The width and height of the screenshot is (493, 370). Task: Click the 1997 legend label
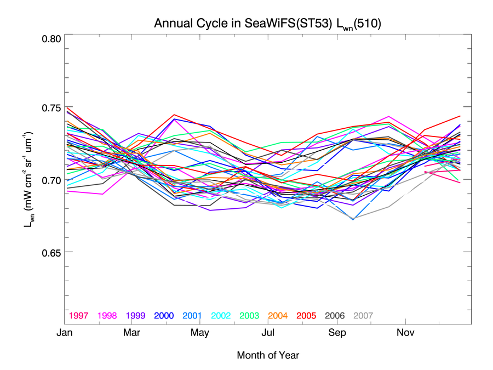point(79,316)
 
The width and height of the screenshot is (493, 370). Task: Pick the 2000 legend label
point(164,316)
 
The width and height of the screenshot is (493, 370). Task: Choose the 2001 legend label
point(193,316)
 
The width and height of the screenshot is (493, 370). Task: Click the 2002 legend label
point(221,316)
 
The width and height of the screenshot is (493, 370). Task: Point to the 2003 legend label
point(250,316)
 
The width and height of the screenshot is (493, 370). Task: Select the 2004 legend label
point(278,316)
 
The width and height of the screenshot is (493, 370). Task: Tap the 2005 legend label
point(307,316)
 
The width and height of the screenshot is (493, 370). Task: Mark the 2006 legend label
point(335,316)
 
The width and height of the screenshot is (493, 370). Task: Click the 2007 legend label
point(364,316)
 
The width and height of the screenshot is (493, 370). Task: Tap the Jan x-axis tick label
point(65,333)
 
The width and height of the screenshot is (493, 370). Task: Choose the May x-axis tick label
point(200,333)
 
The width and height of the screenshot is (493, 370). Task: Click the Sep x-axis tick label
point(337,333)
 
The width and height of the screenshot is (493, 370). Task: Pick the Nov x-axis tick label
point(405,333)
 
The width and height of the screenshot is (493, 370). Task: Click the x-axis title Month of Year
point(268,355)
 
